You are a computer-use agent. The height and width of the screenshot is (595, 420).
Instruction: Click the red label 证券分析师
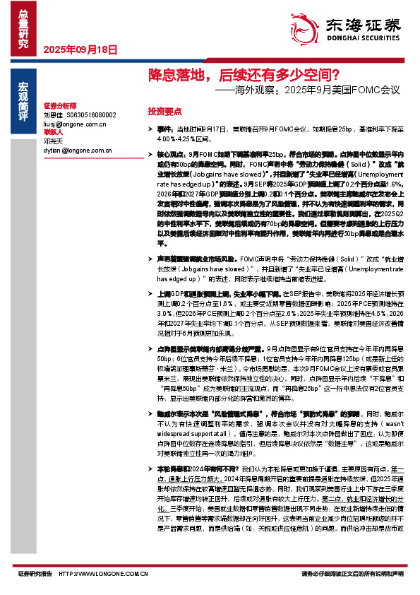59,105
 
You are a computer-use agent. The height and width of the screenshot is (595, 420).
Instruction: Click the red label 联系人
54,132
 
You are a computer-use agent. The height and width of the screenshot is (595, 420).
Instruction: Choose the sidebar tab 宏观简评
23,98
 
